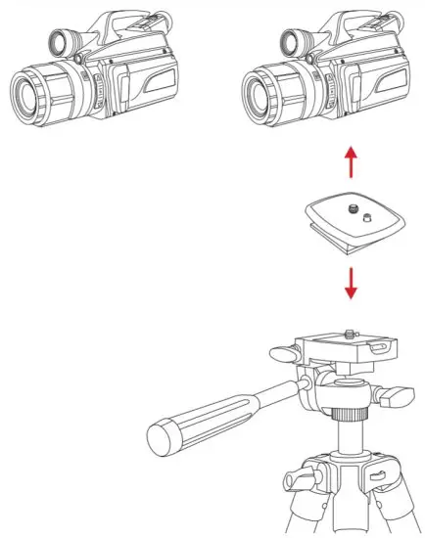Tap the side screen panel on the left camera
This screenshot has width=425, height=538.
(141, 82)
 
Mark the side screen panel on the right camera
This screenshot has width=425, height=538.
(371, 82)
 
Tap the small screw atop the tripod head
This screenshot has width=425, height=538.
(352, 334)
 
